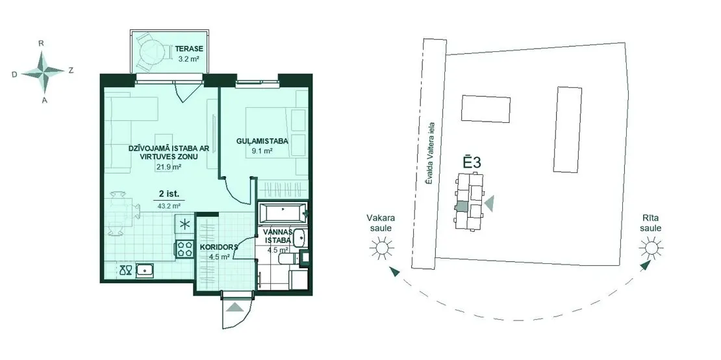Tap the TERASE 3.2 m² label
coord(188,53)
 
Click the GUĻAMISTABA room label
coord(262,141)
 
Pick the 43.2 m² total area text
coord(169,206)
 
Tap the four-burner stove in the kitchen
coord(185,249)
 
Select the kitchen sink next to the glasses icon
coord(145,270)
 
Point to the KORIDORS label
coord(219,248)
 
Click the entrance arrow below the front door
coord(234,307)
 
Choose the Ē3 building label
coord(472,162)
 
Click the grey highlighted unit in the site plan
coord(461,207)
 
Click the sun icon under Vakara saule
coord(382,248)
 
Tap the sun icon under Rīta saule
coord(650,248)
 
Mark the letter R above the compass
coord(42,44)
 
